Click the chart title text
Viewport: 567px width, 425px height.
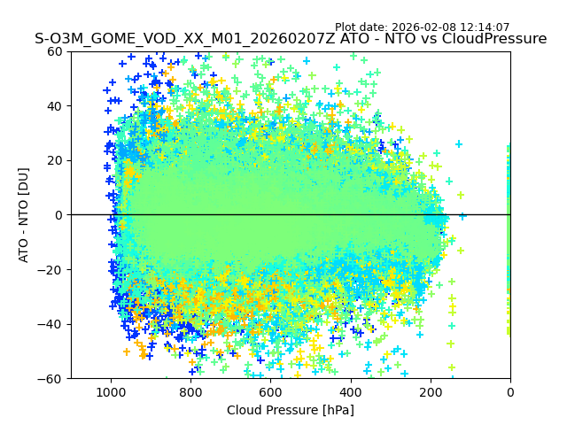[x=291, y=39]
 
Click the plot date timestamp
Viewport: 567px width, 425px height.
[x=422, y=27]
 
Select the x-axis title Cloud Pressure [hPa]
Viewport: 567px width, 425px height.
[x=291, y=410]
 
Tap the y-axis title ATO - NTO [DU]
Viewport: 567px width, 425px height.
[x=24, y=215]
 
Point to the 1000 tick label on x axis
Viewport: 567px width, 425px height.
[x=111, y=391]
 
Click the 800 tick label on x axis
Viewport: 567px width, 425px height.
[x=190, y=391]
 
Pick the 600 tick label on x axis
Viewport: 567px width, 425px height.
[x=270, y=391]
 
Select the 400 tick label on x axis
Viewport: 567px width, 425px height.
[x=351, y=391]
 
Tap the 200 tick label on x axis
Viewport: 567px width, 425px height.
[x=431, y=391]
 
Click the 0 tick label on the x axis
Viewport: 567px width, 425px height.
[x=510, y=391]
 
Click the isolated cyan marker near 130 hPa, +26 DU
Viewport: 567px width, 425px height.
[x=459, y=144]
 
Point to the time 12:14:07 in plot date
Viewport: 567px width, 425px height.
[x=483, y=27]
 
